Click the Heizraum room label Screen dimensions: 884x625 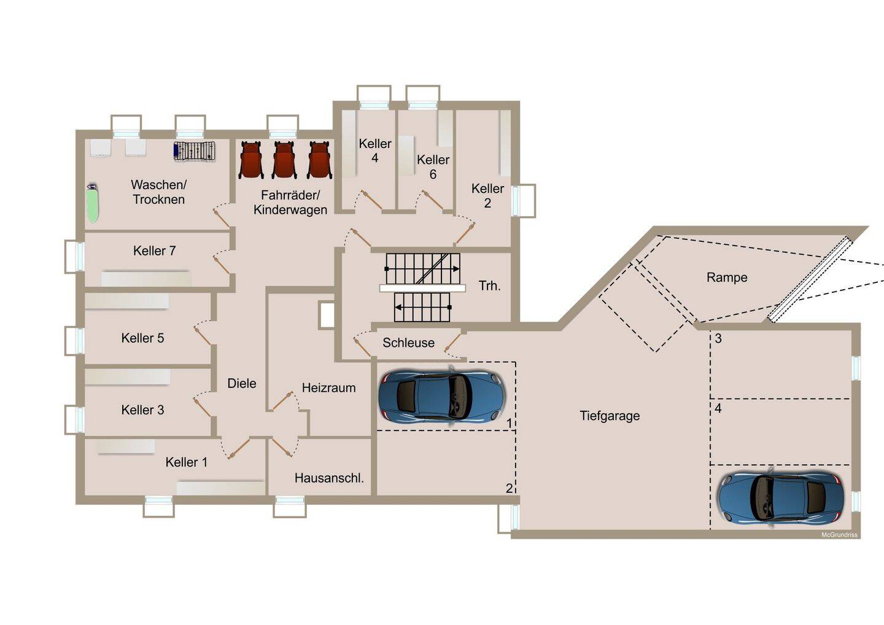pos(329,388)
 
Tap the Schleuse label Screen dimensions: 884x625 pos(408,343)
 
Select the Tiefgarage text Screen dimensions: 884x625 pos(610,416)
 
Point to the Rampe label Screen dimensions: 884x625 pos(727,278)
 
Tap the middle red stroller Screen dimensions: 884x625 pos(284,160)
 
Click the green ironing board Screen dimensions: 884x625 pos(92,203)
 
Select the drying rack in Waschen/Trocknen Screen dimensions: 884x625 pos(195,151)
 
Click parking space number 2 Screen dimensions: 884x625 pos(509,488)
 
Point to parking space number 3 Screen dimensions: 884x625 pos(718,338)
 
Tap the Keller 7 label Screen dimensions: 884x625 pos(154,250)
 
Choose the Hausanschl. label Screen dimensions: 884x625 pos(329,478)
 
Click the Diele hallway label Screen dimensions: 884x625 pos(241,383)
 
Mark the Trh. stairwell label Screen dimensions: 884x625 pos(490,285)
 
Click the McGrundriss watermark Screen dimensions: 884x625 pos(839,535)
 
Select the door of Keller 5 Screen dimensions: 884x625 pos(201,336)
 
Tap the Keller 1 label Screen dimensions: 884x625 pos(186,462)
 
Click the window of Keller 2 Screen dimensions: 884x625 pos(523,201)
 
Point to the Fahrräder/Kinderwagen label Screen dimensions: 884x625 pos(290,203)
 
